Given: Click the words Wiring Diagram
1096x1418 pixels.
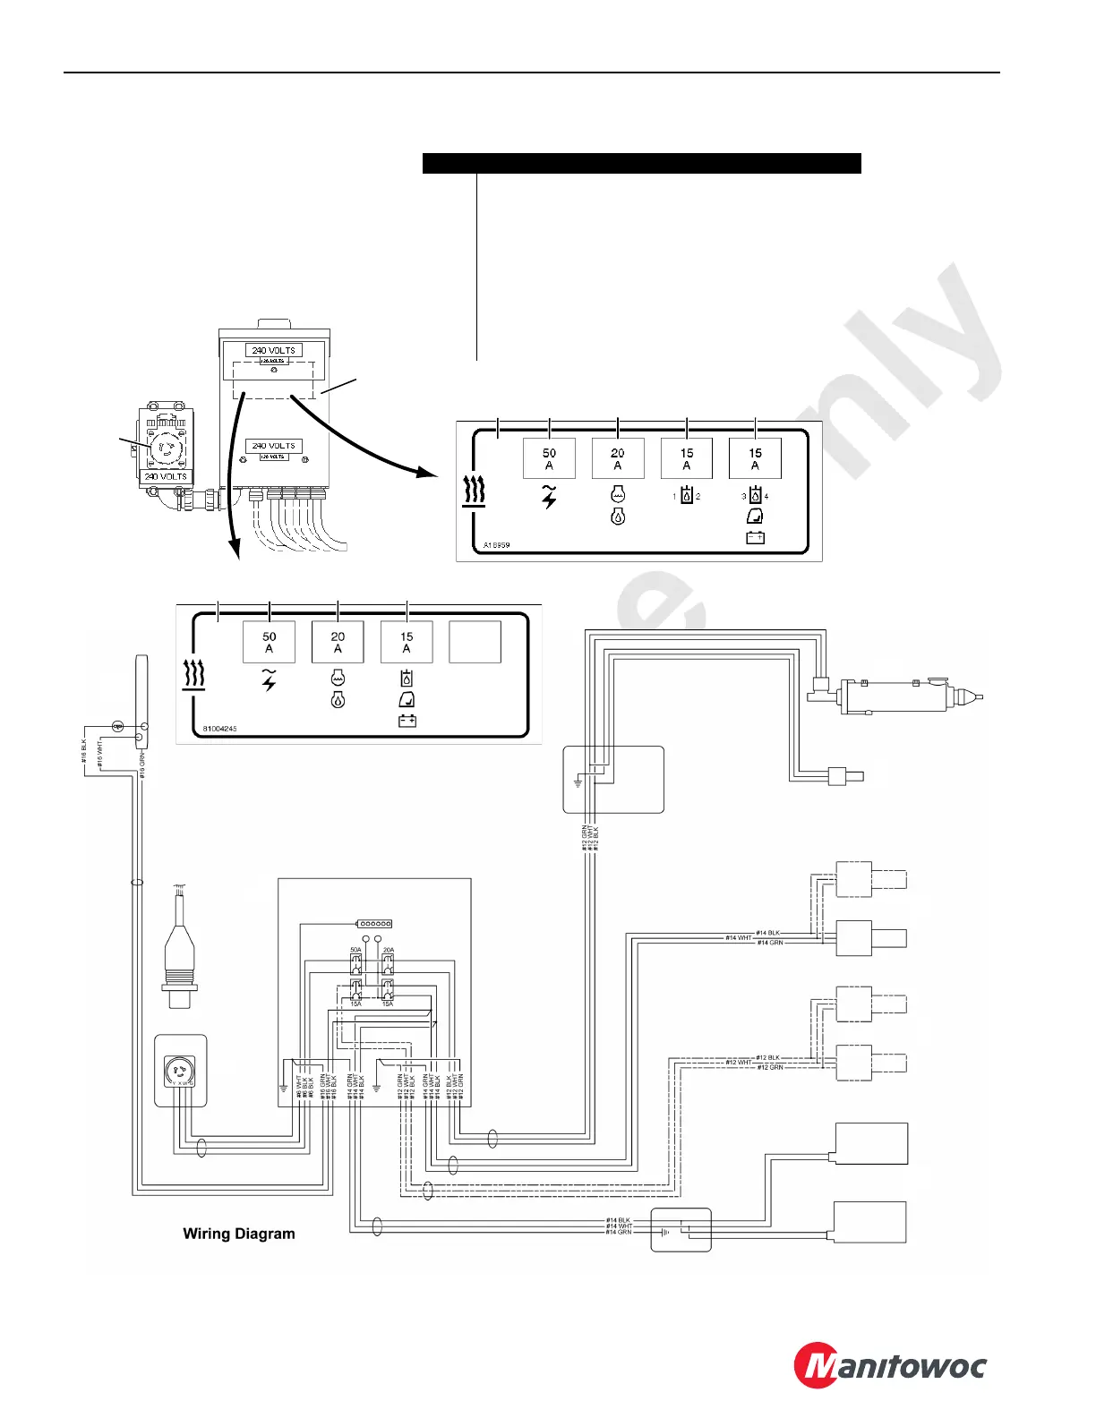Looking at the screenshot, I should (239, 1234).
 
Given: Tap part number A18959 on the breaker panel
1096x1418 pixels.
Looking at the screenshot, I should (496, 544).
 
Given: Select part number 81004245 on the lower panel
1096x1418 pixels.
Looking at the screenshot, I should (219, 729).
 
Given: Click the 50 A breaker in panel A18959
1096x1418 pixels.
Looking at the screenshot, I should (549, 458).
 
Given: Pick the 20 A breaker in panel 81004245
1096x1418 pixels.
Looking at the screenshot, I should (338, 642).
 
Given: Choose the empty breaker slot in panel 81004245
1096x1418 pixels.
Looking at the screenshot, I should (475, 642).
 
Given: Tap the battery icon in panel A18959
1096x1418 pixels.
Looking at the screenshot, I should (755, 537).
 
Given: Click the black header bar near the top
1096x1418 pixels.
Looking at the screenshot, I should (641, 163).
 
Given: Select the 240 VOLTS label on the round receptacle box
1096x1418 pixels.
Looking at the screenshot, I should (167, 476).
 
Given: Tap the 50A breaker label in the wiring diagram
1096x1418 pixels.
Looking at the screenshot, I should (355, 950).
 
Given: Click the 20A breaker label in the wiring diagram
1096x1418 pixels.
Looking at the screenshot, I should (389, 950).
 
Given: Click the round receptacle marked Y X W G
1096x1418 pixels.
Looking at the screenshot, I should (180, 1071).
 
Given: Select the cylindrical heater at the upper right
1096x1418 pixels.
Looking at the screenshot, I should (895, 696).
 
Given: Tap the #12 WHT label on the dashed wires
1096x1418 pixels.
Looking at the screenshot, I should (739, 1063).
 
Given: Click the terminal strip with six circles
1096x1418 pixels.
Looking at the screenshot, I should (374, 923).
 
